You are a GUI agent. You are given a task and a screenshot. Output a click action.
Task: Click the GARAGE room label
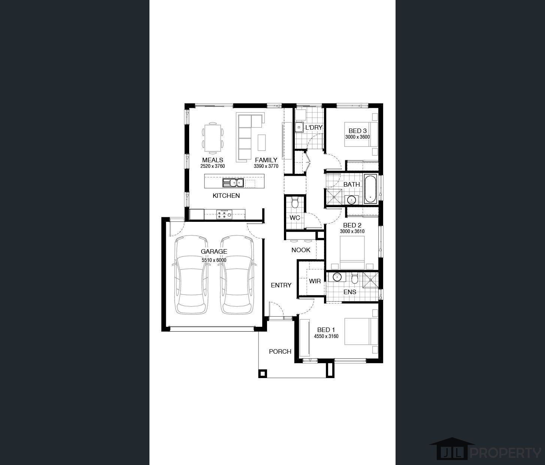pos(214,251)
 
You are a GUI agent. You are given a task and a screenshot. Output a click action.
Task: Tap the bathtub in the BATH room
pos(370,189)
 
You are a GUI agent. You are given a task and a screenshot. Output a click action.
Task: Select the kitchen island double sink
pos(233,183)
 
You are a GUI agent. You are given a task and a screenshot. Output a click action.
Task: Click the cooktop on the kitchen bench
pos(224,214)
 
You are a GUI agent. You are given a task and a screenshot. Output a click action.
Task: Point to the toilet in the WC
pos(295,202)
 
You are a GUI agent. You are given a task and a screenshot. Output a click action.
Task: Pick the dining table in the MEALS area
pos(213,138)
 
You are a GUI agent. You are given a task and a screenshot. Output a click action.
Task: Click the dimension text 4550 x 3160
pos(326,336)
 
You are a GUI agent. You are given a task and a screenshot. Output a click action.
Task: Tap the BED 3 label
pos(358,131)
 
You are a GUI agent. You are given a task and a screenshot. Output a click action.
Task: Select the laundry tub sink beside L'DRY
pos(299,127)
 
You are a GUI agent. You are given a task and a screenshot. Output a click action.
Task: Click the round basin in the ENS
pos(337,277)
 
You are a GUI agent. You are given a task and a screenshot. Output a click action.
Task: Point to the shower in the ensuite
pos(370,280)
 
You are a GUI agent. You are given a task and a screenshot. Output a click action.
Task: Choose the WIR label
pos(315,281)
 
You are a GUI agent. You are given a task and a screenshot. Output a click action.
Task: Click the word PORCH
pos(280,351)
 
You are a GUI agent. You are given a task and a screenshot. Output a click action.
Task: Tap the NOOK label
pos(301,250)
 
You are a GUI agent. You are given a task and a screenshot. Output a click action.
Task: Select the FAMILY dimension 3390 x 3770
pos(266,166)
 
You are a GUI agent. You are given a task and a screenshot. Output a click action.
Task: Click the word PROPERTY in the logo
pos(506,453)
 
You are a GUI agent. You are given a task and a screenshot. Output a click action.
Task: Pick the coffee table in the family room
pos(261,143)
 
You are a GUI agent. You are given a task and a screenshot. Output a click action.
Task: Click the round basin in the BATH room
pos(351,200)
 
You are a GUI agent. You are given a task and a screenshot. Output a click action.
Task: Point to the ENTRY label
pos(281,285)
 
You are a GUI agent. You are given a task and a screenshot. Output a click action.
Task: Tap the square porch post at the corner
pos(263,374)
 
